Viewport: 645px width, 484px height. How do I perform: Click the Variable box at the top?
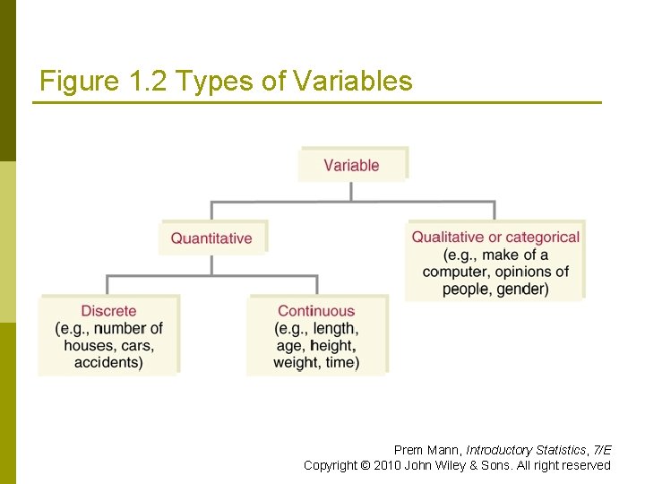pos(351,165)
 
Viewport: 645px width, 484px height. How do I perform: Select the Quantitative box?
pos(211,238)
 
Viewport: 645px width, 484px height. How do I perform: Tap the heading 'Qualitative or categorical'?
pos(495,238)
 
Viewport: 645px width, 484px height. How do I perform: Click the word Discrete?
pos(108,311)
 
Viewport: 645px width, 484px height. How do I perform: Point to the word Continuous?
pos(316,311)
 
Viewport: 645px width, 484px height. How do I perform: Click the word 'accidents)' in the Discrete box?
pos(108,362)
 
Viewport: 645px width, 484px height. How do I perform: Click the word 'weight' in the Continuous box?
pos(296,362)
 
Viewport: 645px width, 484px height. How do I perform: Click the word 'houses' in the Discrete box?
pos(89,345)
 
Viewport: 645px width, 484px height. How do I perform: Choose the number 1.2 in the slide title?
pos(147,82)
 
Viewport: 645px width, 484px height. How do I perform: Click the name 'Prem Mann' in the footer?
pos(426,450)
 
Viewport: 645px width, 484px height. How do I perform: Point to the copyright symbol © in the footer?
pos(365,465)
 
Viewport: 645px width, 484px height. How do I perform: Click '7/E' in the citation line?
pos(602,450)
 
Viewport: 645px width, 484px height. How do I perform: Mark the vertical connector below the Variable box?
pos(351,191)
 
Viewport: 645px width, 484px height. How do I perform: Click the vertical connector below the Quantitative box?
pos(211,264)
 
